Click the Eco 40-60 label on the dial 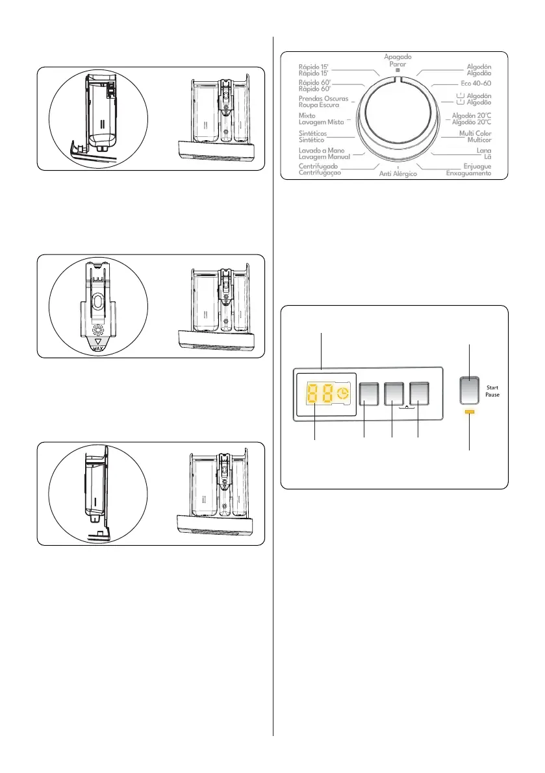(470, 84)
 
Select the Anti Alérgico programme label (398, 175)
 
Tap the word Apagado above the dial (397, 57)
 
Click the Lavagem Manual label (323, 157)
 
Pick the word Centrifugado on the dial (318, 167)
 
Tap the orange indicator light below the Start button (470, 412)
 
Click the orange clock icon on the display (342, 393)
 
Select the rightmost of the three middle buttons (420, 393)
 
